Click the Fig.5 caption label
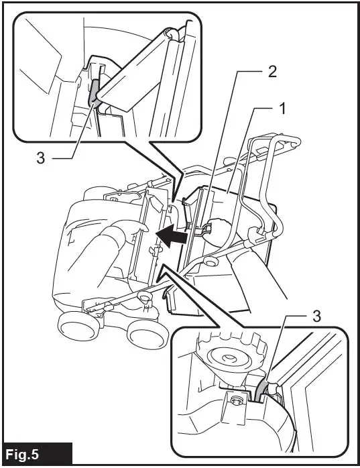[22, 455]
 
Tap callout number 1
[282, 109]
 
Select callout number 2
[272, 72]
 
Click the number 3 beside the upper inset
[41, 158]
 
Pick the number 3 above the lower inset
[316, 316]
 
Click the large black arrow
[172, 236]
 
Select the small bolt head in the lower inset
[237, 400]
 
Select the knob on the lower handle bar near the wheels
[145, 298]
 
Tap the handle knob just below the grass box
[210, 261]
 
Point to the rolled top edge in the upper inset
[172, 34]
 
